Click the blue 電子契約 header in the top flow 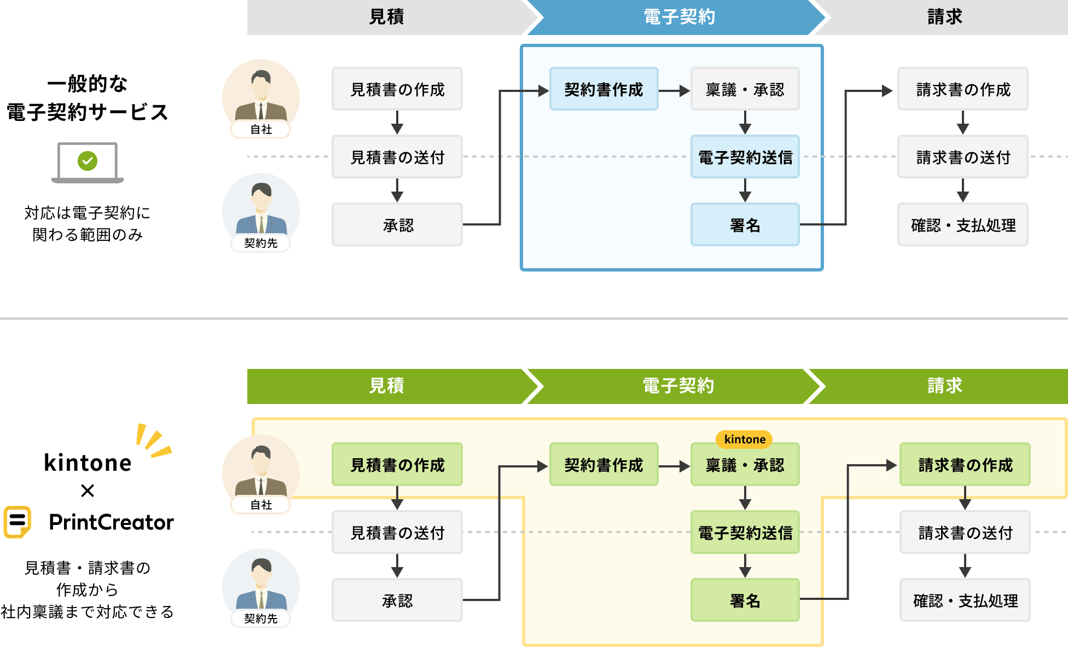(x=678, y=18)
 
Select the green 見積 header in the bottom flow (x=386, y=386)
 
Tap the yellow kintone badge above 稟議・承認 (x=744, y=439)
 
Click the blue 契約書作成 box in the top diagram (x=603, y=89)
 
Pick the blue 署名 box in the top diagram (x=745, y=225)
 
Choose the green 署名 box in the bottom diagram (x=745, y=600)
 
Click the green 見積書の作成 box (x=397, y=465)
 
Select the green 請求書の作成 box (x=965, y=465)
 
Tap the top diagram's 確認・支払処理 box (x=962, y=225)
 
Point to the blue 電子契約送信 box (x=745, y=157)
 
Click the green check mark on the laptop (x=88, y=161)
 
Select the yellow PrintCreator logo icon (x=18, y=522)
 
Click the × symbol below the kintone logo (x=88, y=490)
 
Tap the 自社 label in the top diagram (x=261, y=130)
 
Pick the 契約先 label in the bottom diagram (x=261, y=619)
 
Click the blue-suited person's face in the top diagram (x=262, y=198)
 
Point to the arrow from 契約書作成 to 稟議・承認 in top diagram (x=674, y=90)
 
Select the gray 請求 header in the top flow (x=944, y=18)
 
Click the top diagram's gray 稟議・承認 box (x=745, y=89)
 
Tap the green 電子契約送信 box (x=745, y=533)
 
